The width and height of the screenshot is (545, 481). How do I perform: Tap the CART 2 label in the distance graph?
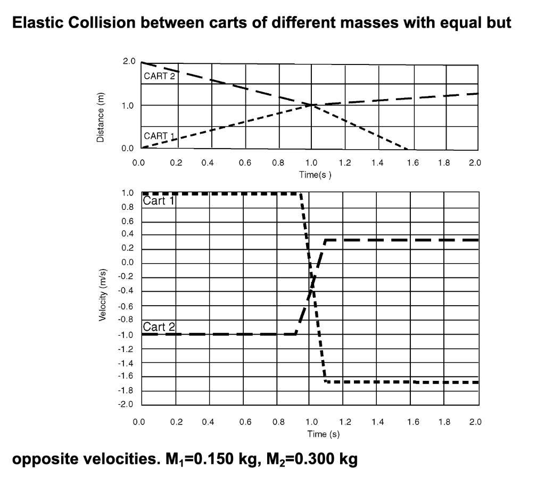[159, 76]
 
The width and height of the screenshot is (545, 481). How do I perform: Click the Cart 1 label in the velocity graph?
[159, 201]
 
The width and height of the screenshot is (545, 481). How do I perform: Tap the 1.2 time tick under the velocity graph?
[345, 422]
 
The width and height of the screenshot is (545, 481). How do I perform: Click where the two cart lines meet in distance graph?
[311, 105]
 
